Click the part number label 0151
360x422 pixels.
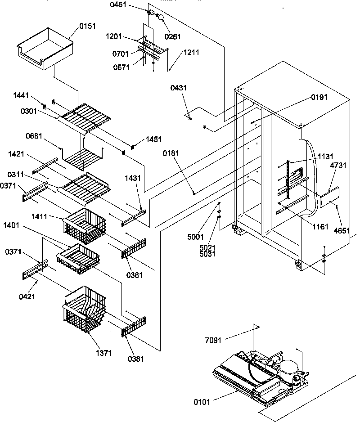[88, 27]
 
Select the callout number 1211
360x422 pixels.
[191, 52]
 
